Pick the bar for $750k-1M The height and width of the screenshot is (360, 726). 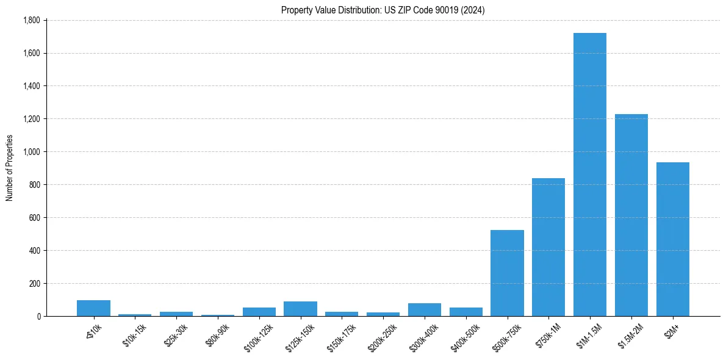coord(548,247)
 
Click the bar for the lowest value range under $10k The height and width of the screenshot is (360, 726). coord(93,308)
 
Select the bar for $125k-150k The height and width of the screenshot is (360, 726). coord(300,309)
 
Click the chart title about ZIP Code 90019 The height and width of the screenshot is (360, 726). coord(383,10)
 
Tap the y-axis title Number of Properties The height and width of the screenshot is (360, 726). coord(10,168)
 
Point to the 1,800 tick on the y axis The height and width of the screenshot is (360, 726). coord(31,20)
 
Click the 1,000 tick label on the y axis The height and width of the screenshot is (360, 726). coord(31,152)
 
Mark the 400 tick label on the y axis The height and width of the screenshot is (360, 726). coord(34,251)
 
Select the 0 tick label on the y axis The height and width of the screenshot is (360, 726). coord(38,317)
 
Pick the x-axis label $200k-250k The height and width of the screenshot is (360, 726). coord(382,336)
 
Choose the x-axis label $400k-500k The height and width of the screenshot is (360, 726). coord(465,336)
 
